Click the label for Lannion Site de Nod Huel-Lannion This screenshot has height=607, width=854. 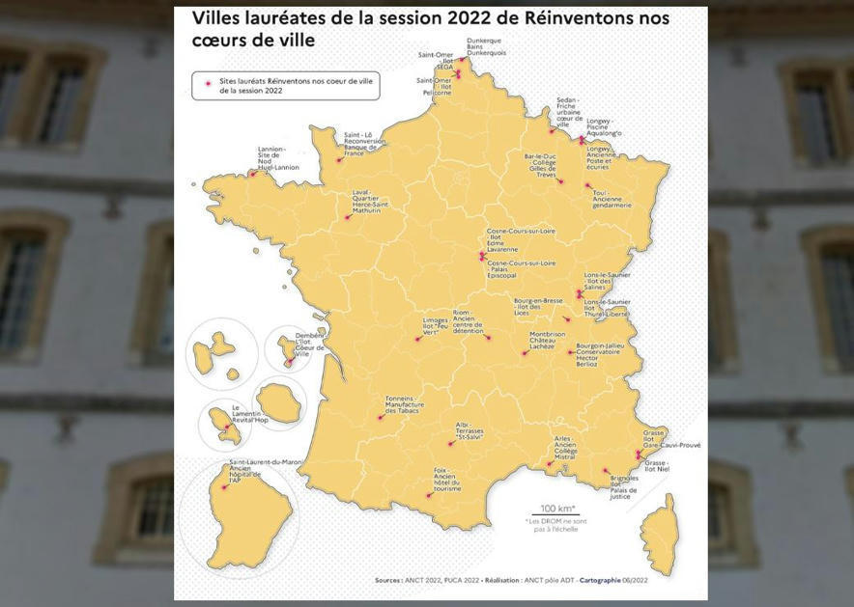pyautogui.click(x=277, y=158)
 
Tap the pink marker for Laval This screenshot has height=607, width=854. pyautogui.click(x=347, y=217)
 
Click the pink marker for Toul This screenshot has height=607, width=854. pyautogui.click(x=587, y=186)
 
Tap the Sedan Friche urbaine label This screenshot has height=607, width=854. pyautogui.click(x=568, y=113)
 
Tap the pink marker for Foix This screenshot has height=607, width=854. pyautogui.click(x=429, y=495)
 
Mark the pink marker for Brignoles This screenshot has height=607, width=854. pyautogui.click(x=606, y=471)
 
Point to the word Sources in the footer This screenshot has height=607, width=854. pyautogui.click(x=389, y=581)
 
